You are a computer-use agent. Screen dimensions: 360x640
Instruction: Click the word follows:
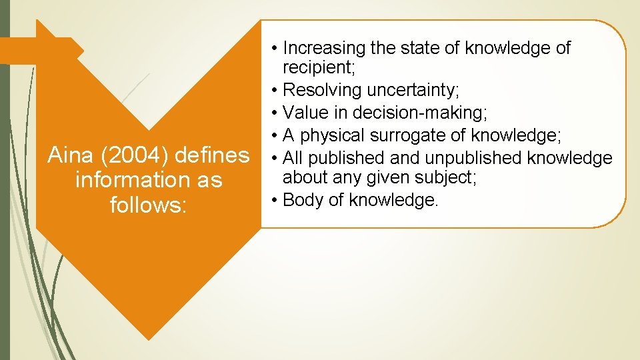point(147,204)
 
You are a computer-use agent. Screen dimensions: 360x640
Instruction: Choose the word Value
point(303,113)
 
